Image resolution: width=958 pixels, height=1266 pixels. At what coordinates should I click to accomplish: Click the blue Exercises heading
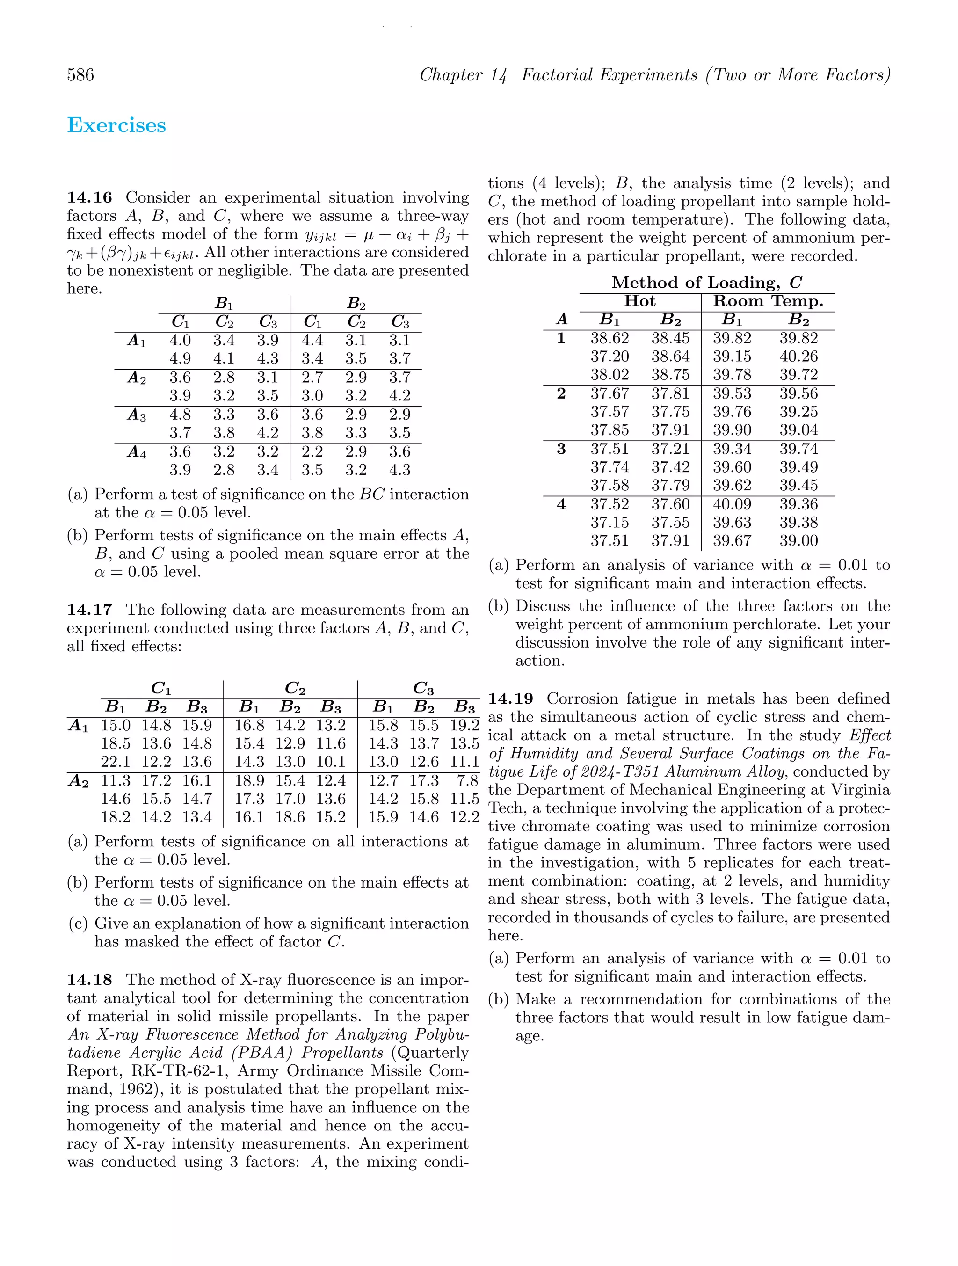[x=117, y=125]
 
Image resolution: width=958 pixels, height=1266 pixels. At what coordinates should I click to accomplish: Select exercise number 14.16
[x=89, y=198]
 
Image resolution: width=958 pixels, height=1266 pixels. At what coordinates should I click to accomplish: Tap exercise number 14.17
[x=89, y=610]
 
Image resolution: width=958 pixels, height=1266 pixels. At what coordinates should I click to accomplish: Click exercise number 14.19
[x=510, y=699]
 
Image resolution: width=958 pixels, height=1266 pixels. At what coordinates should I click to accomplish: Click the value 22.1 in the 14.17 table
[x=116, y=762]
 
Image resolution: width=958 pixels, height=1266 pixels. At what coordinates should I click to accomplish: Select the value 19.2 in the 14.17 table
[x=464, y=726]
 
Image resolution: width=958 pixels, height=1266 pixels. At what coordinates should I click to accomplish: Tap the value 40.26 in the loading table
[x=798, y=357]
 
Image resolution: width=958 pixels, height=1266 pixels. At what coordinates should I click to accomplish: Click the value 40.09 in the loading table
[x=732, y=504]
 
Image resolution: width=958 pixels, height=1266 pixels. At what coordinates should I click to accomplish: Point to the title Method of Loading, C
[x=707, y=283]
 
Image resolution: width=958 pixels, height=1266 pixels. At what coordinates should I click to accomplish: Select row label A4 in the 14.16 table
[x=136, y=452]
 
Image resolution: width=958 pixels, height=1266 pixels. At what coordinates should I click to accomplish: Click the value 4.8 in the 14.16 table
[x=180, y=415]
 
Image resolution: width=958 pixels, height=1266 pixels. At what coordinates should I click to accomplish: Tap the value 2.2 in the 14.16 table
[x=312, y=452]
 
